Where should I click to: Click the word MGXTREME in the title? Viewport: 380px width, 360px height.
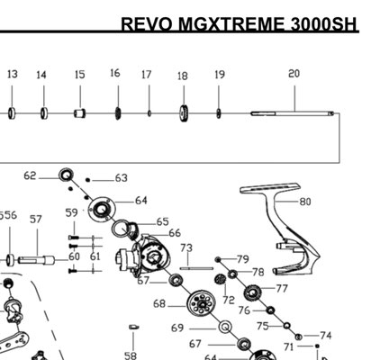(x=231, y=24)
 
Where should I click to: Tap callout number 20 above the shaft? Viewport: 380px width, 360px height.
(x=294, y=74)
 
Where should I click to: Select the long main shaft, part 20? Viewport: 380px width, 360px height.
(x=293, y=113)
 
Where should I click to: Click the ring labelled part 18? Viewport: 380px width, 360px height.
(x=184, y=113)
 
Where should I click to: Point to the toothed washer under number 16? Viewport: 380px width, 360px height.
(x=118, y=113)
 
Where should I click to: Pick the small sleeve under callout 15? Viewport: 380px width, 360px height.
(x=79, y=113)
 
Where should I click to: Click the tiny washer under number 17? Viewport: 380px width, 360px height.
(x=149, y=113)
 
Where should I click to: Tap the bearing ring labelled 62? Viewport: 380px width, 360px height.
(x=66, y=175)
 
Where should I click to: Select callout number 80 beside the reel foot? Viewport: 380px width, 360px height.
(x=305, y=202)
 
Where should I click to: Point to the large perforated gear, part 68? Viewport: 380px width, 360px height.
(x=202, y=303)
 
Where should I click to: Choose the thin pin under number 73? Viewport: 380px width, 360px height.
(x=196, y=268)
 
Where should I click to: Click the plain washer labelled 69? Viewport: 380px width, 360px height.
(x=225, y=328)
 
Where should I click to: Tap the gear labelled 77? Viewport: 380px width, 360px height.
(x=252, y=292)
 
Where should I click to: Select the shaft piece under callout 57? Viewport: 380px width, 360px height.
(x=36, y=260)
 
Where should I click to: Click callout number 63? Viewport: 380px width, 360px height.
(x=122, y=178)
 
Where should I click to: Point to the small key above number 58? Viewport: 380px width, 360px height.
(x=133, y=327)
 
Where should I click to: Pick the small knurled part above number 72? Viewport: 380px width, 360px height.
(x=221, y=280)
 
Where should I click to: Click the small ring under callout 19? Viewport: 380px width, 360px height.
(x=219, y=113)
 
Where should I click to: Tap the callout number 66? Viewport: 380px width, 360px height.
(x=175, y=233)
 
